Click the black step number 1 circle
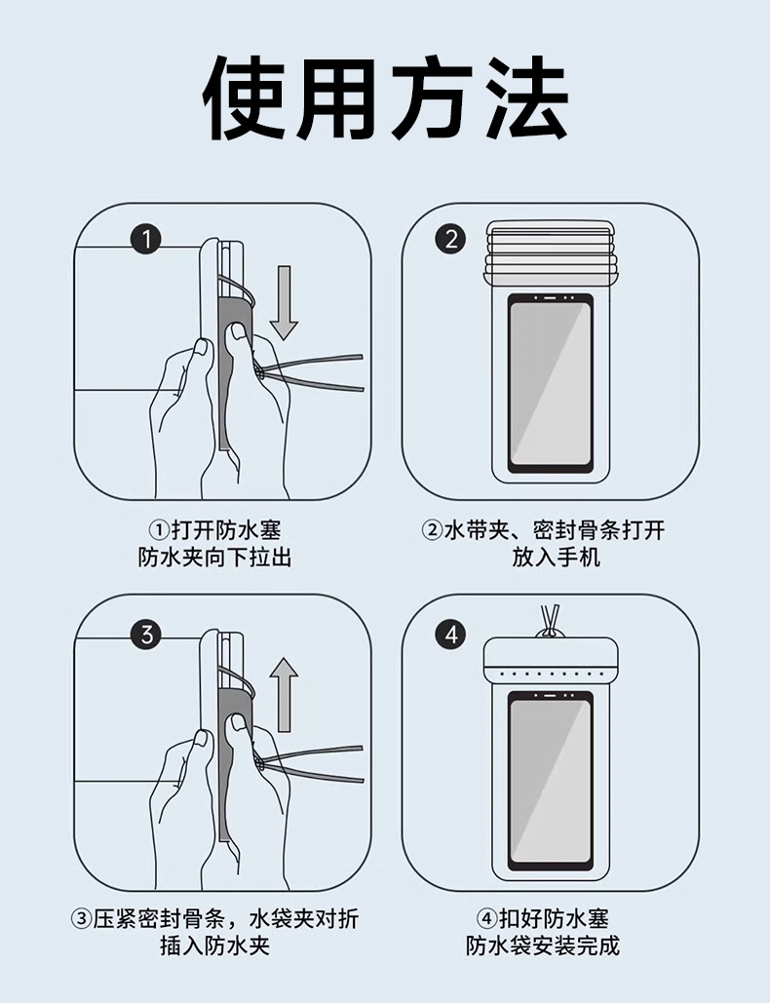click(x=146, y=240)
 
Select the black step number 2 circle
click(x=451, y=240)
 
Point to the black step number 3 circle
click(x=146, y=636)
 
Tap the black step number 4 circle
click(x=451, y=636)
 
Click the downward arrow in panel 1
click(x=284, y=302)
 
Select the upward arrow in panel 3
click(x=284, y=695)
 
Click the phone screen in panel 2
click(x=551, y=382)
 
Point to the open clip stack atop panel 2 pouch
click(x=551, y=253)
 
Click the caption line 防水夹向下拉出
click(x=215, y=558)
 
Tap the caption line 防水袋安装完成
click(x=543, y=945)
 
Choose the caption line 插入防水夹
click(x=215, y=945)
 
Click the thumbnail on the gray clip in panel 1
click(x=239, y=331)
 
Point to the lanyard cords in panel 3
click(x=311, y=764)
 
